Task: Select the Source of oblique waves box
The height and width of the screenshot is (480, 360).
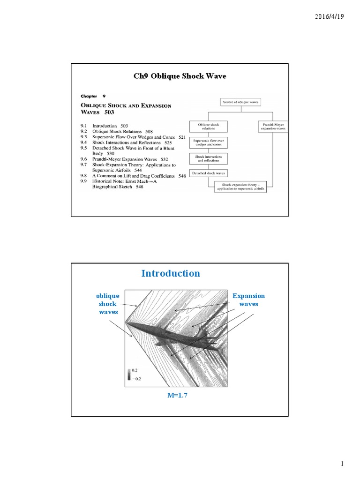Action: click(x=240, y=102)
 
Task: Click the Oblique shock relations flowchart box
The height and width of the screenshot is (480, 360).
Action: click(x=209, y=126)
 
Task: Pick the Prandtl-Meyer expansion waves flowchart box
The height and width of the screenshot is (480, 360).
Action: click(x=273, y=126)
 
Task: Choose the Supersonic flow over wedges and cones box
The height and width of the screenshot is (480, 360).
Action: click(x=209, y=142)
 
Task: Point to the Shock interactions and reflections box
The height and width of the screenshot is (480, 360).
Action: click(x=209, y=158)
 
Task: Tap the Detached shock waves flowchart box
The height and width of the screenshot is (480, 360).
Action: click(x=209, y=172)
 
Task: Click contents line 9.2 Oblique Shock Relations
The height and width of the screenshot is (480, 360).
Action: click(x=123, y=132)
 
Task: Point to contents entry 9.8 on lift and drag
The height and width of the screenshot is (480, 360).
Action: click(x=133, y=176)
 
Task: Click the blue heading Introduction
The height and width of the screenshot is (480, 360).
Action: click(x=171, y=273)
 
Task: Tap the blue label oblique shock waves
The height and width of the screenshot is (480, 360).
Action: click(x=108, y=304)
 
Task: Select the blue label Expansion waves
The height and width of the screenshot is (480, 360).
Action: click(x=248, y=300)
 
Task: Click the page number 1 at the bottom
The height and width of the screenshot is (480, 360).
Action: click(x=342, y=464)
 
